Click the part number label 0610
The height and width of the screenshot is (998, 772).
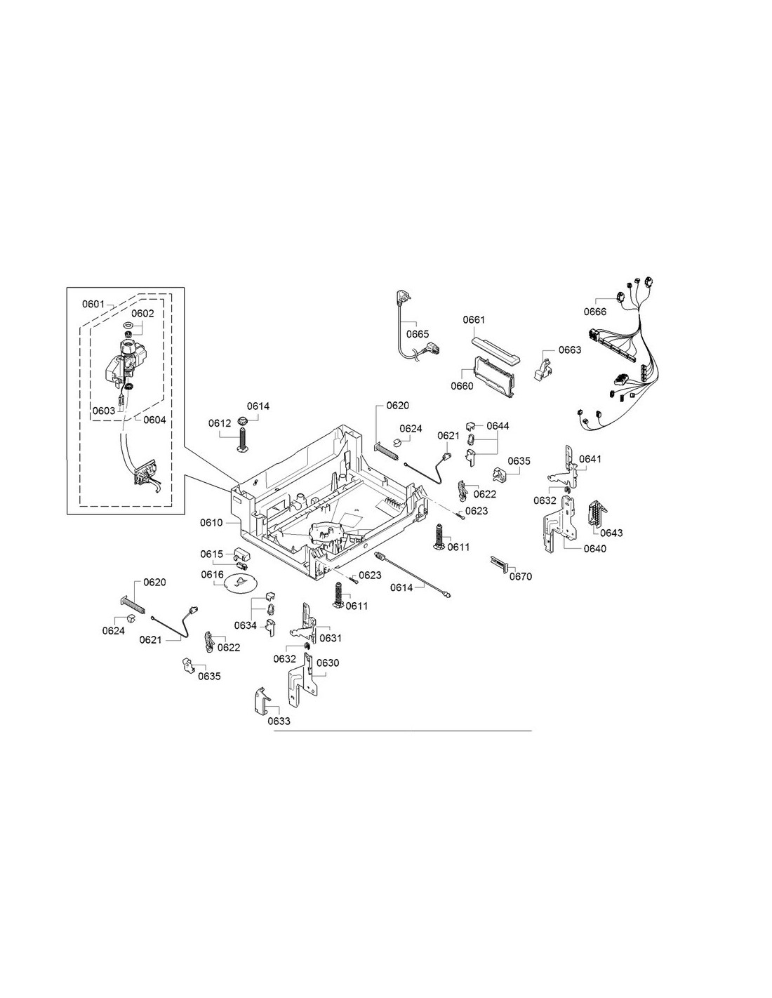(x=211, y=523)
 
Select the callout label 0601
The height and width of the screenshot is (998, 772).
(x=93, y=304)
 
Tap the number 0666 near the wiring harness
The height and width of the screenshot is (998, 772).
(x=595, y=312)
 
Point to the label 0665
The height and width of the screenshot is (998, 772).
(x=418, y=334)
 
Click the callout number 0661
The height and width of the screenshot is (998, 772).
(x=474, y=319)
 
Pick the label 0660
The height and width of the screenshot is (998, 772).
(x=462, y=386)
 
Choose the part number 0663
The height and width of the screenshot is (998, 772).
(x=569, y=350)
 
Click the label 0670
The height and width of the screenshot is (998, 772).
(x=520, y=576)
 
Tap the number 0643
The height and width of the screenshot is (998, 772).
(x=611, y=533)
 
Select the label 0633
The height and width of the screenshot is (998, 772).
(x=279, y=721)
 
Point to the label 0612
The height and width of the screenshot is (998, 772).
(x=220, y=423)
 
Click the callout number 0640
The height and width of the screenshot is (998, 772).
(x=594, y=549)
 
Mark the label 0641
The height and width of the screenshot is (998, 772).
(x=590, y=459)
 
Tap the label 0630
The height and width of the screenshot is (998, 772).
(x=328, y=663)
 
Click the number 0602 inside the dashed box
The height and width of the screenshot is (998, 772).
(x=143, y=314)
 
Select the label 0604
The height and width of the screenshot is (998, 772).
(x=154, y=420)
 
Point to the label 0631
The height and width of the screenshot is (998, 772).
(x=331, y=638)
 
